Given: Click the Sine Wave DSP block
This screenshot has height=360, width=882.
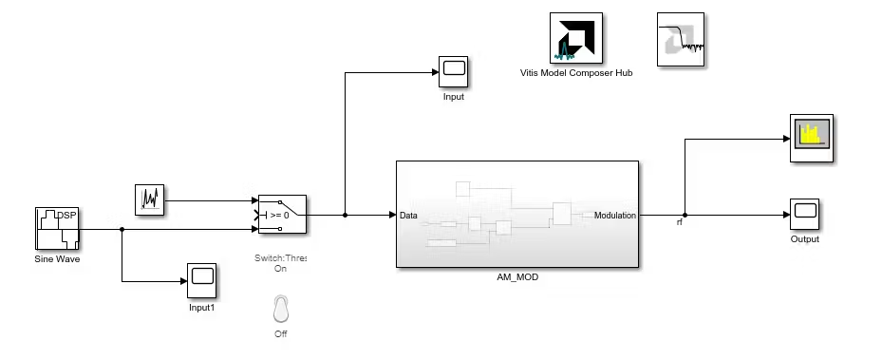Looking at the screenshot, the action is [57, 228].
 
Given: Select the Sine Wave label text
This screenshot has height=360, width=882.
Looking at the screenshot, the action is [57, 259].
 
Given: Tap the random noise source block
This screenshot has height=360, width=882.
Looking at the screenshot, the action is [150, 199].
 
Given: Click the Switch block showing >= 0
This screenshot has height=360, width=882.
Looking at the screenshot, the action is [282, 215].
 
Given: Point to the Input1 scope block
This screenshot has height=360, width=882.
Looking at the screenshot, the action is [202, 280].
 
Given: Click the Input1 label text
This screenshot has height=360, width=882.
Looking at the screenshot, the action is [202, 308].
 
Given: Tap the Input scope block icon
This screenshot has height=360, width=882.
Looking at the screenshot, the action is [454, 71].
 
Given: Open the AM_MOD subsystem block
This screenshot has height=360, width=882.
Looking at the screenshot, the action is [517, 215].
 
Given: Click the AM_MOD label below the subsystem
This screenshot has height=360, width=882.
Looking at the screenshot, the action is [517, 276].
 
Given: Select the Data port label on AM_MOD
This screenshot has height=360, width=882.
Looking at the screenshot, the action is [408, 215].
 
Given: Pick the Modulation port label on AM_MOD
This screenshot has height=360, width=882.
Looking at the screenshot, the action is [615, 215].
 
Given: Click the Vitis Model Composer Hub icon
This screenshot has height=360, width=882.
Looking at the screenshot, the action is [576, 38].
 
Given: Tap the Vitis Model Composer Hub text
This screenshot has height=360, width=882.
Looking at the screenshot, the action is [576, 72].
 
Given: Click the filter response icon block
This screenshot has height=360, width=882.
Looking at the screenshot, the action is [681, 39].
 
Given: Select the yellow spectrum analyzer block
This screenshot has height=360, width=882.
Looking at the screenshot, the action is [812, 138].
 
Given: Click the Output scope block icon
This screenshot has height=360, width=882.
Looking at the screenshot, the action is [804, 214].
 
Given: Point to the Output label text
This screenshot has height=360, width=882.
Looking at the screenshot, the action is [805, 239].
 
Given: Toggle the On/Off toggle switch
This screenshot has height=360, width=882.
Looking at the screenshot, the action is [281, 309].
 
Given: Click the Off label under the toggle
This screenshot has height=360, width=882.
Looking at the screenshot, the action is [281, 333].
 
